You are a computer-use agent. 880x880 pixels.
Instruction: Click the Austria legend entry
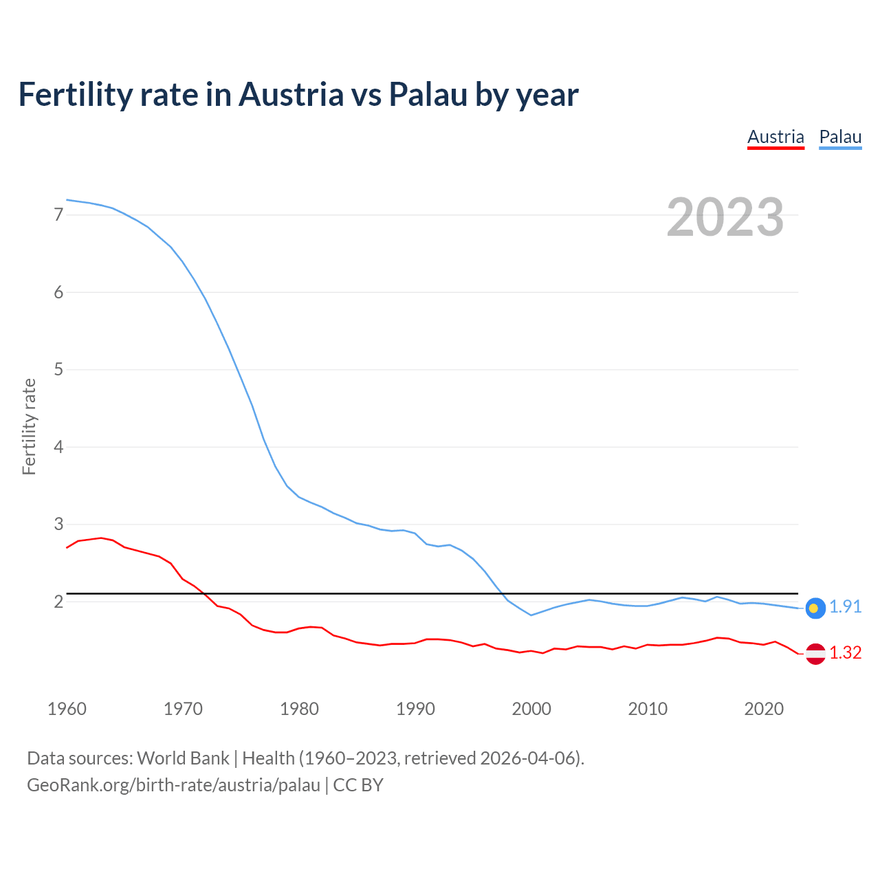tap(775, 137)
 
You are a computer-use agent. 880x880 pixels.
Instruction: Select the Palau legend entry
tap(840, 137)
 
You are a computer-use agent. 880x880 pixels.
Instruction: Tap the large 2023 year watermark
tap(725, 217)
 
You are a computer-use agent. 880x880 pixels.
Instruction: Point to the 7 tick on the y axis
tap(58, 215)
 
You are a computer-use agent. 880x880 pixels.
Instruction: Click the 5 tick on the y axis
tap(58, 370)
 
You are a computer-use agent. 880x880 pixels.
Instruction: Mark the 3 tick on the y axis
tap(58, 525)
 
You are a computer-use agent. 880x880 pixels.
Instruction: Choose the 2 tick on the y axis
tap(58, 602)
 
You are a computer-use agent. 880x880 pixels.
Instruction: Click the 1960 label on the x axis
tap(67, 709)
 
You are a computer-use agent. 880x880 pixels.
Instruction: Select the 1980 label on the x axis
tap(299, 709)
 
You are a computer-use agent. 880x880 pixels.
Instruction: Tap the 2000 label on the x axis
tap(531, 709)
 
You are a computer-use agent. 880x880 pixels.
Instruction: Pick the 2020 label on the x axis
tap(764, 709)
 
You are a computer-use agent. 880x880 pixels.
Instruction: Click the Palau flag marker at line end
tap(815, 608)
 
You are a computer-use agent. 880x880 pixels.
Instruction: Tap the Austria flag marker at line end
tap(815, 653)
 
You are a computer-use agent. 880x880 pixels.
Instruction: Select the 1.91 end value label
tap(845, 606)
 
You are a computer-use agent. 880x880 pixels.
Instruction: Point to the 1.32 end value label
tap(845, 652)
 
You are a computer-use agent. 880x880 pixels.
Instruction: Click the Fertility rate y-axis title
tap(29, 426)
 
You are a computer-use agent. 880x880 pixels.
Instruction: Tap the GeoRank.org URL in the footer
tap(173, 785)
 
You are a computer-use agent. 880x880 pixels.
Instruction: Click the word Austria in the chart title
tap(291, 94)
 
